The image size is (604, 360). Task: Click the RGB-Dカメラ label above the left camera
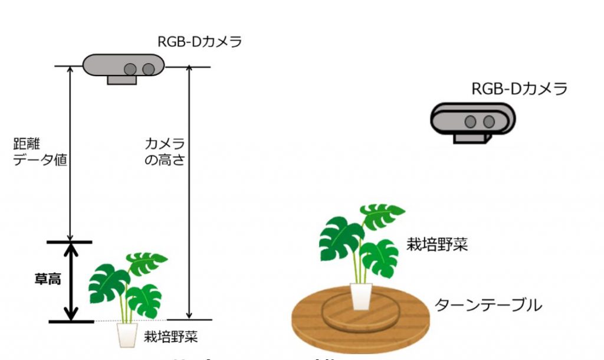point(199,42)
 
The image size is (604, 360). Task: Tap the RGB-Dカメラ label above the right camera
point(519,89)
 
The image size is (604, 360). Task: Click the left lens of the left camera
point(130,69)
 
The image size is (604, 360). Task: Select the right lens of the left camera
point(149,69)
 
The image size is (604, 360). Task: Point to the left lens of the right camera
point(470,122)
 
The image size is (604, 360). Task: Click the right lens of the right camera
point(489,122)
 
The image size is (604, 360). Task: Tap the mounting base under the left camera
point(122,80)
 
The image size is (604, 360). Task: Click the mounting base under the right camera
point(472,139)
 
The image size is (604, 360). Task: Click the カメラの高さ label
point(165,152)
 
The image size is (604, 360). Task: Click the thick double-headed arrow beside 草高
point(71,282)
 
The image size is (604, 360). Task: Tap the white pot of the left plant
point(127,335)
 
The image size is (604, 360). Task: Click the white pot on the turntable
point(360,296)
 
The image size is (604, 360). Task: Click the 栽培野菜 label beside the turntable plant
point(437,245)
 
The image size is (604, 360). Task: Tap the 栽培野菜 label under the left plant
point(170,338)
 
